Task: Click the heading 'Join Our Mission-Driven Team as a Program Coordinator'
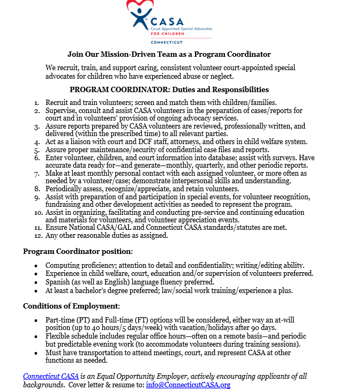[169, 54]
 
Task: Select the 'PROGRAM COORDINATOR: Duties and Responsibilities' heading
[169, 89]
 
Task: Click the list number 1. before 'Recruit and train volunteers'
[36, 102]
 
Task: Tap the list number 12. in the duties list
[37, 235]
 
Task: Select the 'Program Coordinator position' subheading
[77, 251]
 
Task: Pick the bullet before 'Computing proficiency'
[36, 266]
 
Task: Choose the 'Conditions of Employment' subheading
[71, 306]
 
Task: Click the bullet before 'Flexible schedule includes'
[36, 336]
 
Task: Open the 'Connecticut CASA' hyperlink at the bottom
[51, 377]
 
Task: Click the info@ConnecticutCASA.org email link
[188, 385]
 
